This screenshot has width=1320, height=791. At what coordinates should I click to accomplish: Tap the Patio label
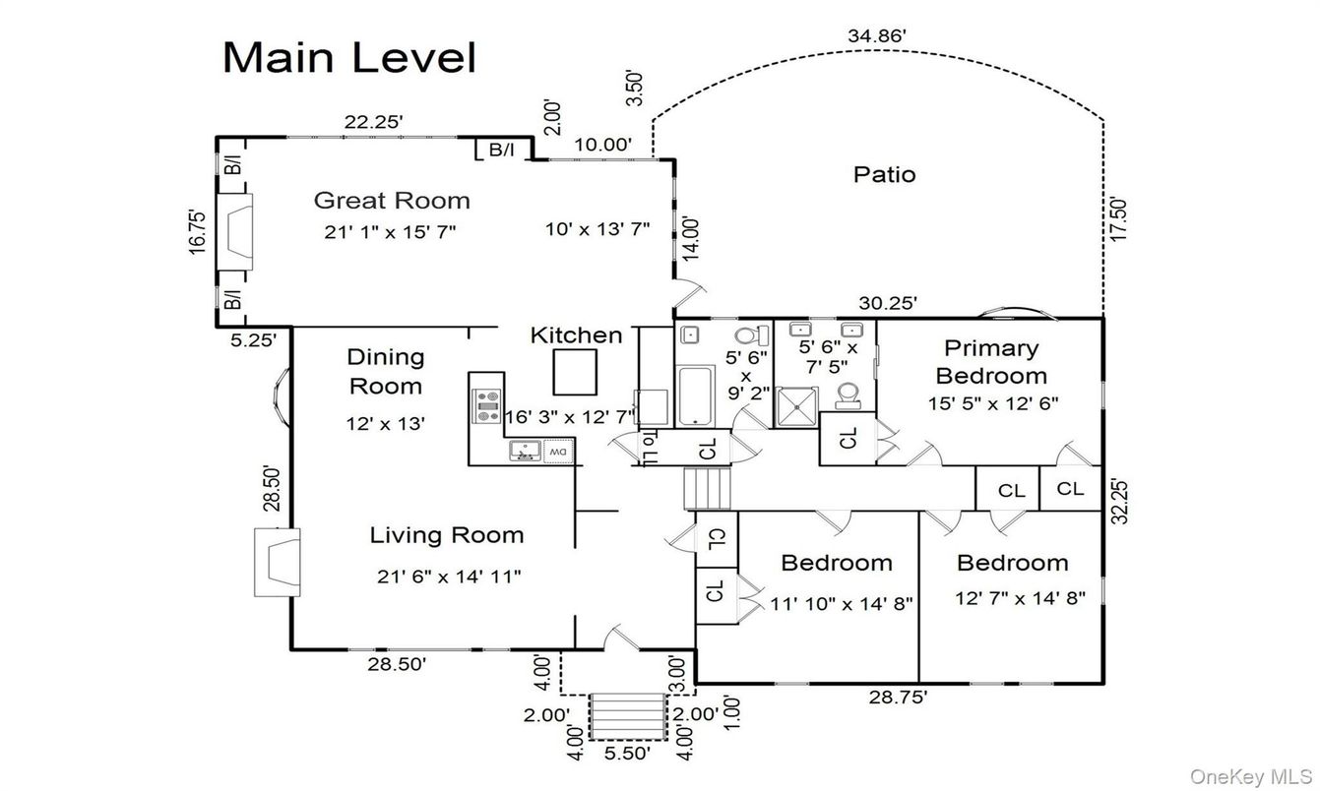coord(884,175)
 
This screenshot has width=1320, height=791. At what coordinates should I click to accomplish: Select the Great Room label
coord(392,201)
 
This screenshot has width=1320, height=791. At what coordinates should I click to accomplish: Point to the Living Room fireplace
coord(278,562)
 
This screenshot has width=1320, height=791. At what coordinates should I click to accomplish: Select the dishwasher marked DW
coord(557,451)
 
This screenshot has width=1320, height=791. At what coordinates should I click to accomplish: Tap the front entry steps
coord(627,715)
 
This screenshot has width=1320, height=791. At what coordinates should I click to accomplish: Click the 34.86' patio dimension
coord(876,36)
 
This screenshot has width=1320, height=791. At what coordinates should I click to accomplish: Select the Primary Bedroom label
coord(990,361)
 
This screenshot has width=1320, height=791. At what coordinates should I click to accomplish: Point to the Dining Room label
coord(386,371)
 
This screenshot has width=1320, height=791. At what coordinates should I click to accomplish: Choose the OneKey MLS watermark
coord(1251,776)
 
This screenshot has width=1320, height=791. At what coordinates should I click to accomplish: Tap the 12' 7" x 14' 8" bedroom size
coord(1020,597)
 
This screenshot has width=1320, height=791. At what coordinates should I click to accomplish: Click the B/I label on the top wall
coord(502,150)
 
